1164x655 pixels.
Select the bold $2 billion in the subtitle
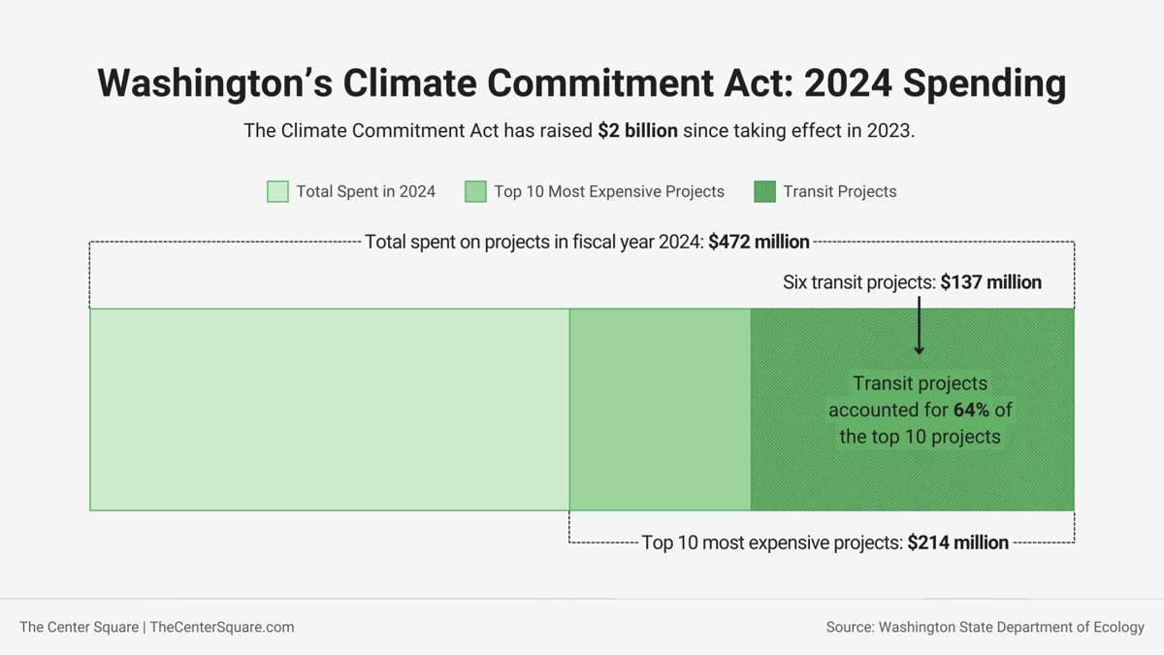pos(637,130)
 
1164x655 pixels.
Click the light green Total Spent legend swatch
pos(277,191)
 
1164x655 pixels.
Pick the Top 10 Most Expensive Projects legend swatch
pos(475,191)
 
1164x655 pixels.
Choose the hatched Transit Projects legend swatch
pos(764,191)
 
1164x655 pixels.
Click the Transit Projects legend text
pos(840,191)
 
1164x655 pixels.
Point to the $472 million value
pos(759,242)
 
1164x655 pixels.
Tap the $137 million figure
pos(990,282)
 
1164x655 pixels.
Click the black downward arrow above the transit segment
pos(919,326)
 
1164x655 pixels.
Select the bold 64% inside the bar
pos(971,409)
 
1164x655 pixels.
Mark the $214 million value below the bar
pos(957,542)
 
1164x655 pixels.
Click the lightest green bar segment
pos(330,409)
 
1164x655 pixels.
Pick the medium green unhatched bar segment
pos(660,409)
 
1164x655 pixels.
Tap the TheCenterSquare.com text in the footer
pos(222,627)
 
